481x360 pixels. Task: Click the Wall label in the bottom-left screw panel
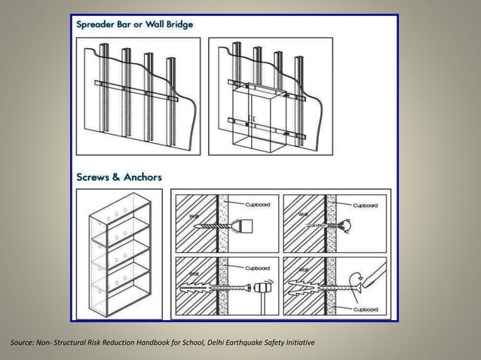point(193,273)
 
